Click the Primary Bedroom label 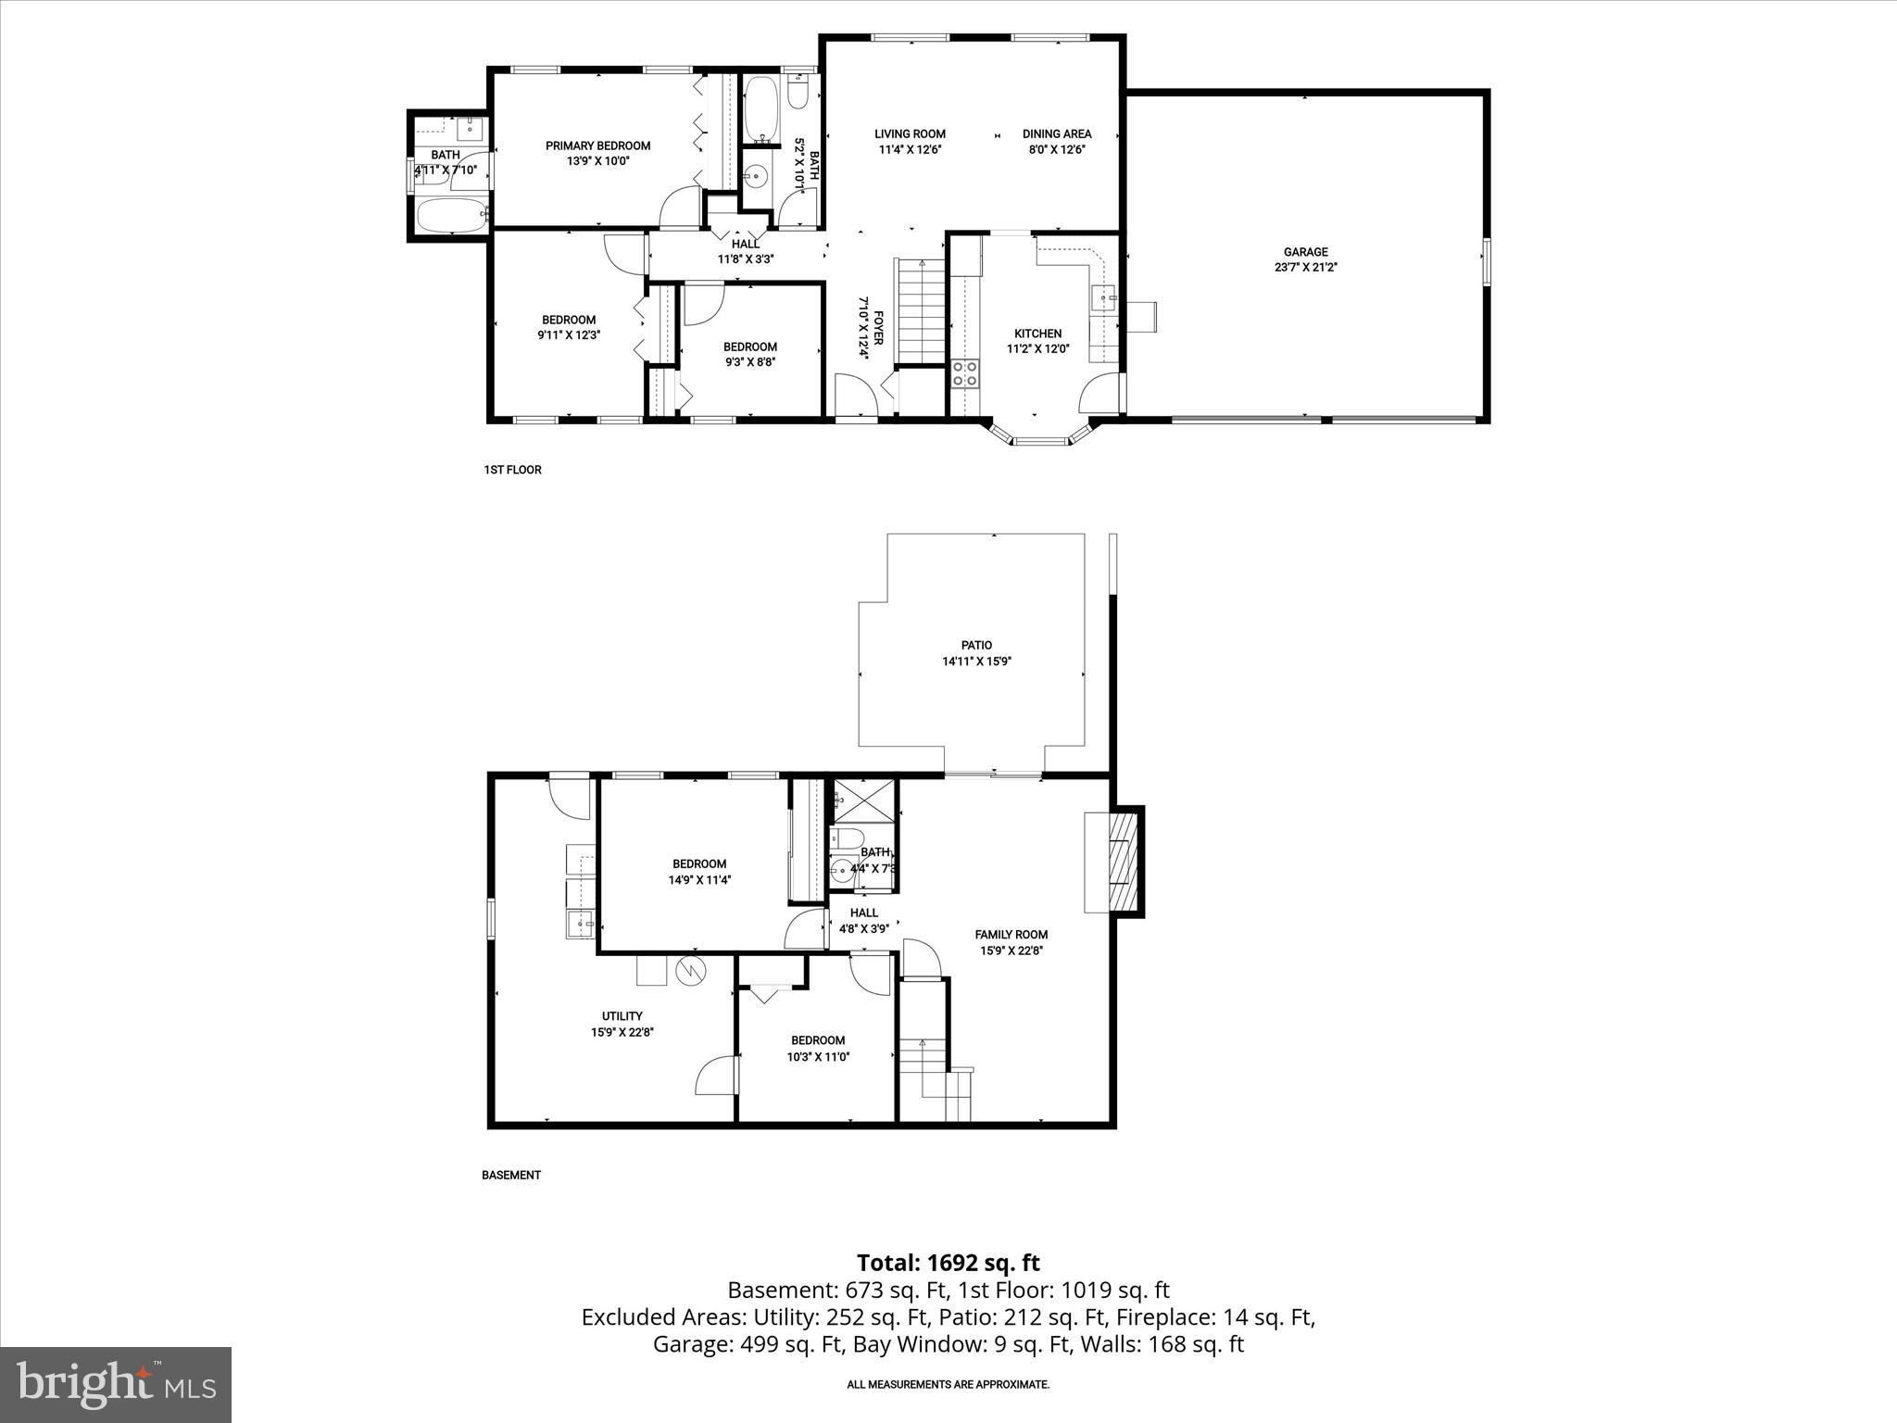(x=597, y=145)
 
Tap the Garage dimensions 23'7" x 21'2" (x=1305, y=267)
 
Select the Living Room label (x=910, y=133)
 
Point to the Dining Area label (x=1056, y=133)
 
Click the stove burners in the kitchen (x=965, y=373)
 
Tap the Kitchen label (x=1037, y=334)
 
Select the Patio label (x=976, y=645)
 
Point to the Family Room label (x=1011, y=935)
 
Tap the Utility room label (x=622, y=1016)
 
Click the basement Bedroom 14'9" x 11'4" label (x=699, y=864)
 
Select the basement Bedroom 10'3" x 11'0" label (x=818, y=1040)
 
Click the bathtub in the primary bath (x=452, y=217)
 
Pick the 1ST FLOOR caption (x=512, y=470)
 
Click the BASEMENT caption (x=510, y=1175)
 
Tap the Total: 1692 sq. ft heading (x=948, y=1263)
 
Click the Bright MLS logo (x=116, y=1384)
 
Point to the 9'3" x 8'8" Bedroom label (x=749, y=347)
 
